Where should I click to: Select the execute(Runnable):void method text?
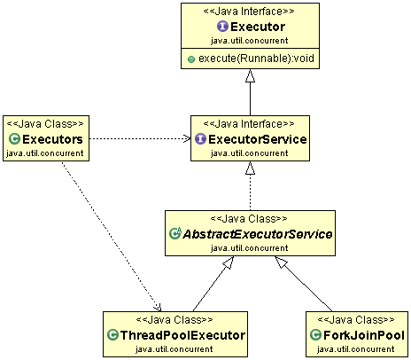tap(255, 59)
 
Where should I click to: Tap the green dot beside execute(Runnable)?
tap(190, 59)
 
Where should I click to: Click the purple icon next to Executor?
tap(222, 27)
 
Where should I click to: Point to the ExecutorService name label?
tap(257, 140)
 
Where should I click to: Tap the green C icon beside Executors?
tap(14, 140)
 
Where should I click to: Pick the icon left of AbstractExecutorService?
tap(175, 234)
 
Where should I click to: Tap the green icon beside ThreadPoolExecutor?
tap(112, 335)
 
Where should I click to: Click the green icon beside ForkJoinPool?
tap(316, 335)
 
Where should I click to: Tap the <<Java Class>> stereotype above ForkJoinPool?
tap(355, 319)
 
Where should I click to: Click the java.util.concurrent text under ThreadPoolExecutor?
tap(174, 349)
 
